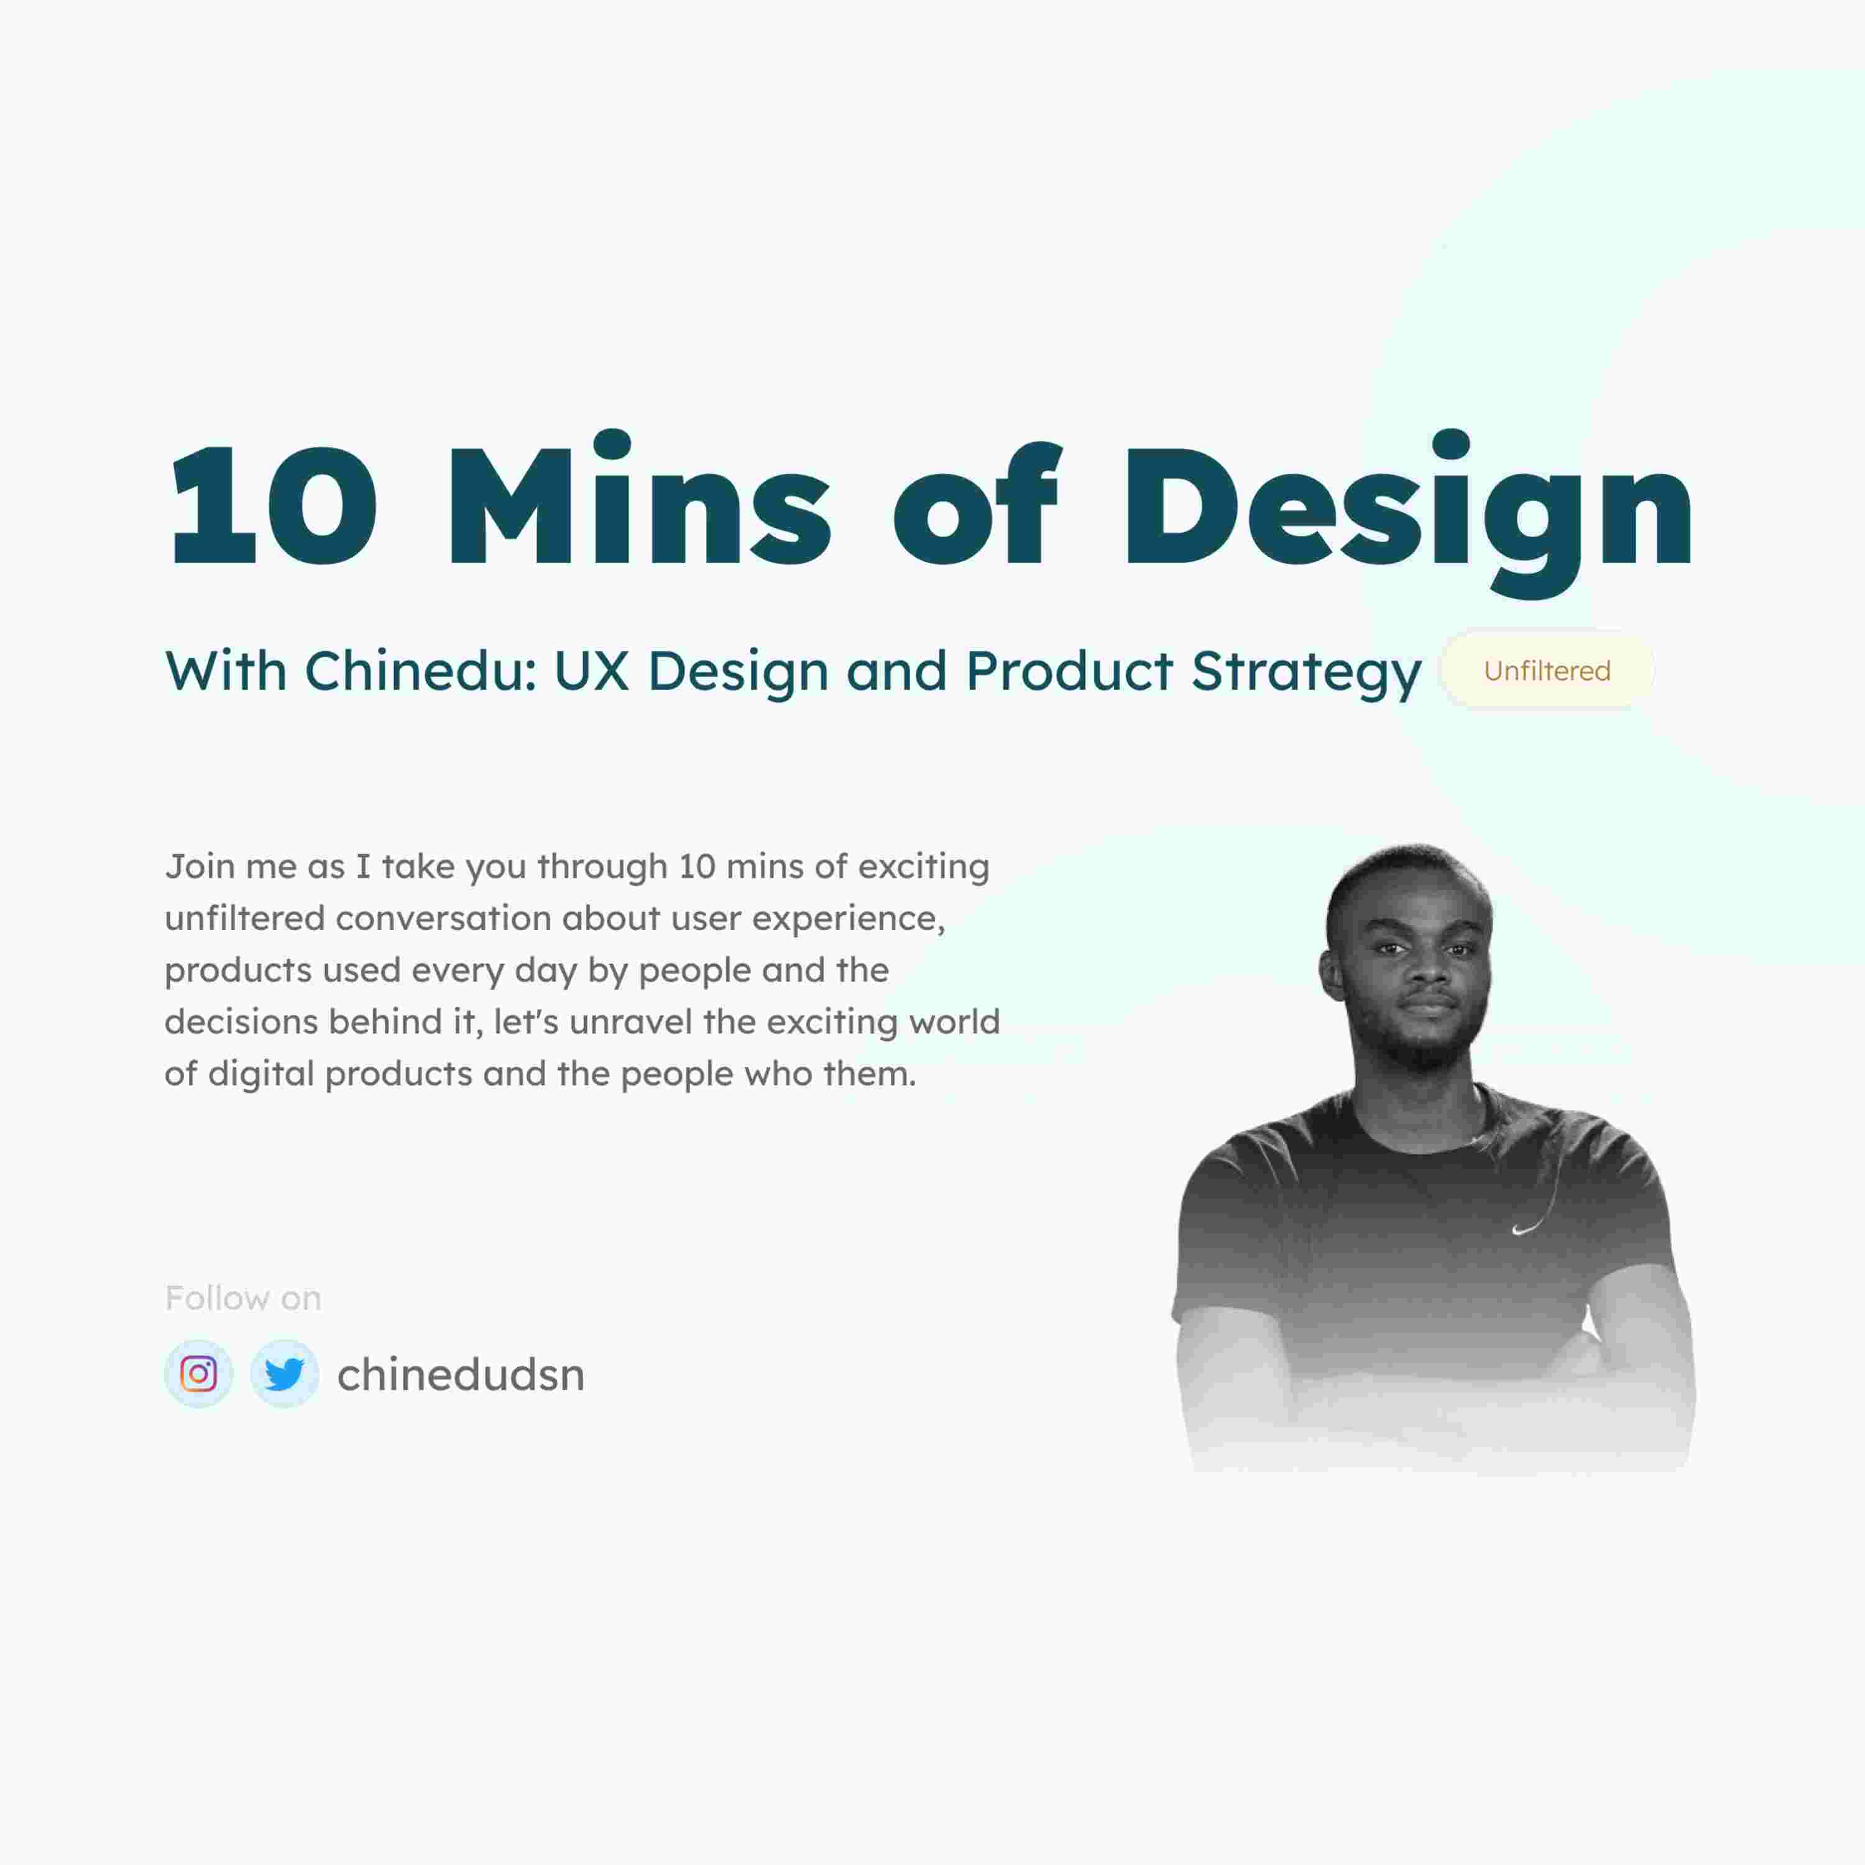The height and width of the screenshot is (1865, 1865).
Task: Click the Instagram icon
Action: click(198, 1374)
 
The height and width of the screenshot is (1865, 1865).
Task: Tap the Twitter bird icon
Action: click(285, 1374)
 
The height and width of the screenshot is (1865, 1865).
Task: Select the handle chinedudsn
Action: click(461, 1375)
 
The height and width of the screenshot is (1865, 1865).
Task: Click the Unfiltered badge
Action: click(1547, 671)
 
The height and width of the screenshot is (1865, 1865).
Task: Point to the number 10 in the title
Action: click(272, 506)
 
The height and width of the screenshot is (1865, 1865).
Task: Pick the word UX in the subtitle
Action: click(591, 671)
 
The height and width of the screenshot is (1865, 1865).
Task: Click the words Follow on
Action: click(243, 1299)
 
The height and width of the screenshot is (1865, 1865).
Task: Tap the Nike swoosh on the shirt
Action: click(1525, 1229)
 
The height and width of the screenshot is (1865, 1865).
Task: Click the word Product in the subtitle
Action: click(1069, 671)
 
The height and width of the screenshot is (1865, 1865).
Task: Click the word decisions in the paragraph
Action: click(241, 1021)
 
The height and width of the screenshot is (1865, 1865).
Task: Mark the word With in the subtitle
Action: click(226, 671)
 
